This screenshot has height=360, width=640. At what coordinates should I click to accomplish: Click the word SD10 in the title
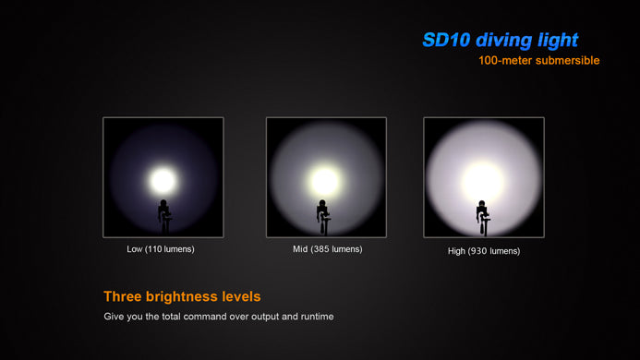tap(447, 40)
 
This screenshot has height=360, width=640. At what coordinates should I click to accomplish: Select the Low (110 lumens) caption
tap(161, 249)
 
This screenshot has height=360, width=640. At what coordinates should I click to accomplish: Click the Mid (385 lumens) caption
tap(327, 249)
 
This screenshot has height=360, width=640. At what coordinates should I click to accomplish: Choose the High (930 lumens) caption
tap(484, 251)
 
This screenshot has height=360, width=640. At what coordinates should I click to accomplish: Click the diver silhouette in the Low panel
tap(164, 217)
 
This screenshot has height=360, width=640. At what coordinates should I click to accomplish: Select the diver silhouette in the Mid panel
tap(323, 217)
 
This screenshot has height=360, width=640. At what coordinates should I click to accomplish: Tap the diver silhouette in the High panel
tap(482, 218)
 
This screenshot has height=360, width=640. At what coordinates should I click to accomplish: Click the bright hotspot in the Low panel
tap(163, 181)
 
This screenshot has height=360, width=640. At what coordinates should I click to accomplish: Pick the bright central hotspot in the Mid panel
tap(325, 181)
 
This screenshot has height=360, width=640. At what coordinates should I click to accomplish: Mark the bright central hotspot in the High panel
tap(483, 182)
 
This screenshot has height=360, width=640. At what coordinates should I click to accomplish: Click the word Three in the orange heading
tap(123, 296)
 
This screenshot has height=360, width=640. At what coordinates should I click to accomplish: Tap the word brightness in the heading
tap(182, 296)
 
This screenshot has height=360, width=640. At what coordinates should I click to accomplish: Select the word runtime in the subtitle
tap(317, 317)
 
